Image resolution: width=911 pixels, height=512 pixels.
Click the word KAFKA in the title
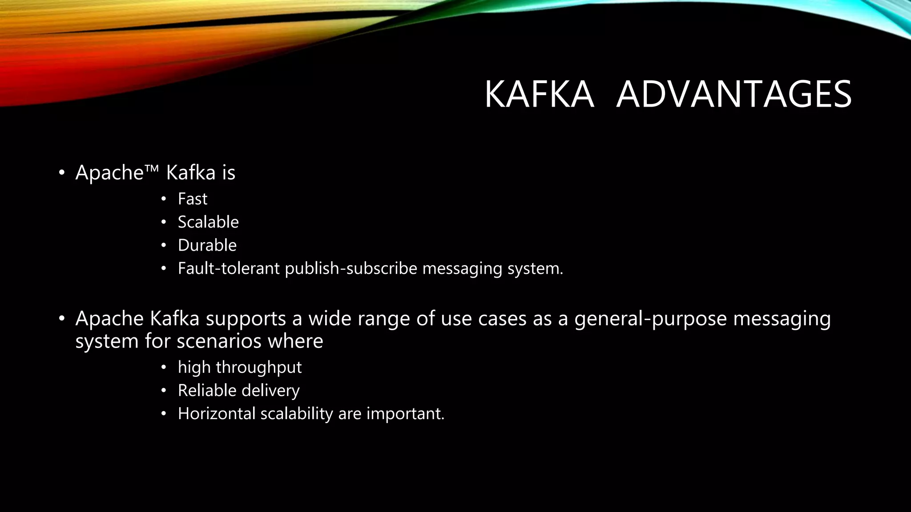coord(539,94)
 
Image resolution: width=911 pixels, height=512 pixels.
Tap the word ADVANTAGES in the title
coord(734,94)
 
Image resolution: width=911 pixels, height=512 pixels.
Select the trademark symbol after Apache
coord(151,168)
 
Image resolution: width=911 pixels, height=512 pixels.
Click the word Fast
coord(192,199)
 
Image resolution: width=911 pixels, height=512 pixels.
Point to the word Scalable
coord(208,222)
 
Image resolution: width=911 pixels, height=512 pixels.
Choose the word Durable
coord(207,245)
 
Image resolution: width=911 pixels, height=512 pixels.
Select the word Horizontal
coord(217,414)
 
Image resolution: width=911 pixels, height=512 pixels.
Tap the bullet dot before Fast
coord(164,200)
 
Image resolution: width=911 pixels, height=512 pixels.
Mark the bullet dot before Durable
coord(164,246)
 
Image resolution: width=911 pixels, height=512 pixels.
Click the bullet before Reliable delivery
coord(164,391)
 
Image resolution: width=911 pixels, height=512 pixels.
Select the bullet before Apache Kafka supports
coord(62,319)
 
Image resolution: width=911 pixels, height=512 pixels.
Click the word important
coord(405,414)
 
